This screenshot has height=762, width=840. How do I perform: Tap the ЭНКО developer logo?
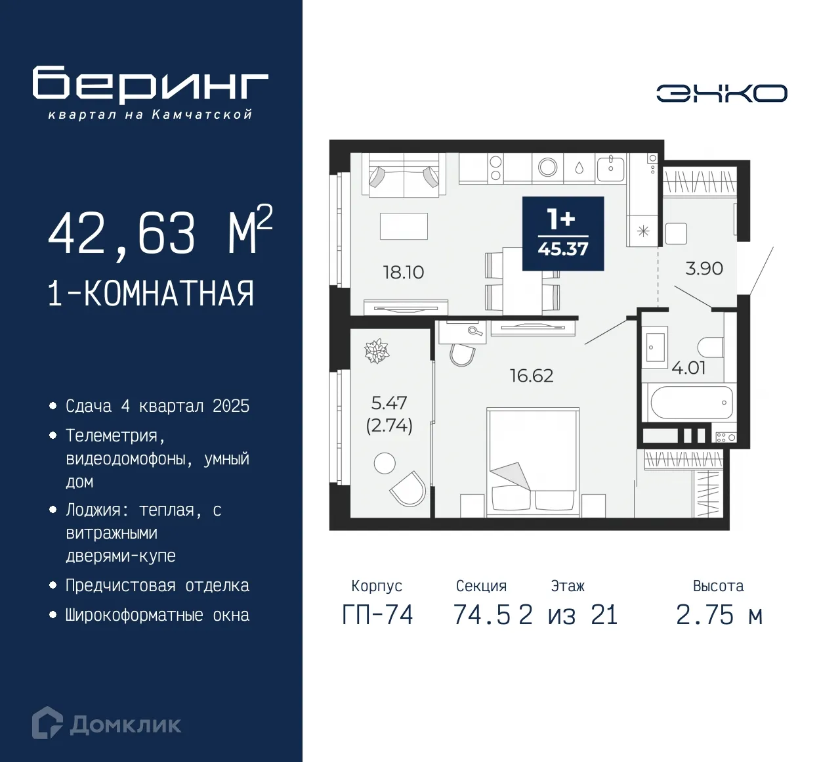(721, 93)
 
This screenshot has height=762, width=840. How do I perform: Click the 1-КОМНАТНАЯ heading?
(150, 293)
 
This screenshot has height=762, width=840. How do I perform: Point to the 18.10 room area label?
(403, 272)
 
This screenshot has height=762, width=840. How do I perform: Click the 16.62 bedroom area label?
(531, 376)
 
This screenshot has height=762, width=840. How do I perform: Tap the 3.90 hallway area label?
(703, 268)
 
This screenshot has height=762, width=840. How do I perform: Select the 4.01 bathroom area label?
(688, 368)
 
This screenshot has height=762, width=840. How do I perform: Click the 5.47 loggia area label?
(388, 402)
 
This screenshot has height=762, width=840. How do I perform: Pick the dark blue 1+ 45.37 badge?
(562, 233)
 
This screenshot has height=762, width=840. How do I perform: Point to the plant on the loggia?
(377, 351)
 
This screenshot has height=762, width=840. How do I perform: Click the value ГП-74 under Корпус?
(377, 615)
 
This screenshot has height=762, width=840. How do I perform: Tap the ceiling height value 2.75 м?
(719, 615)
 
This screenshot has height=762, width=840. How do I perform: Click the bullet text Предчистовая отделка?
(157, 585)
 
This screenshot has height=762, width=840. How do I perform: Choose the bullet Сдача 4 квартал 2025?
(157, 406)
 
